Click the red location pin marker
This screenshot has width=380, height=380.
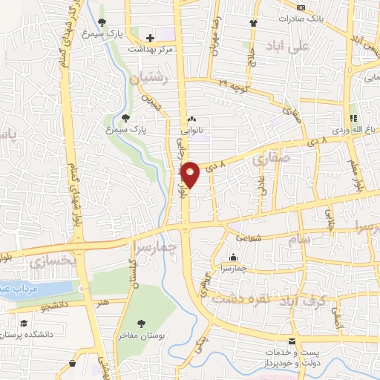click(190, 174)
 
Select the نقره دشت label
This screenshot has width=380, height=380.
click(233, 299)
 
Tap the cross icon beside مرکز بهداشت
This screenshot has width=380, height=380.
click(151, 37)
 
